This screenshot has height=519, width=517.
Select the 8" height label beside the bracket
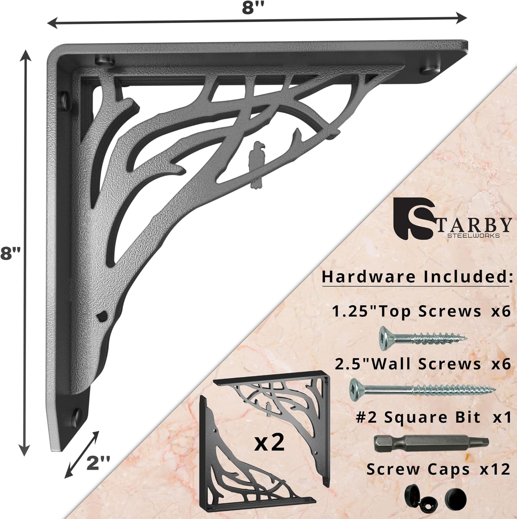coord(10,254)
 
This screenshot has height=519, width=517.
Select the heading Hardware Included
coord(417,277)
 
